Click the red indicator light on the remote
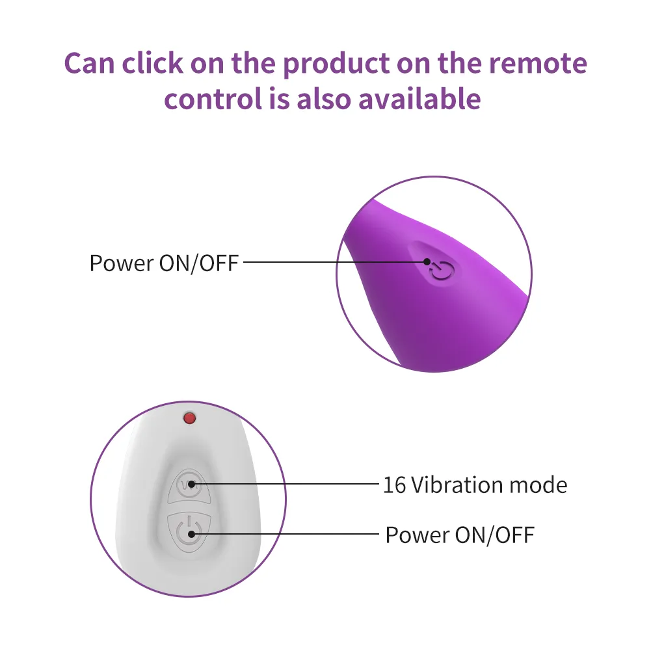point(189,418)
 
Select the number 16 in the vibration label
point(394,485)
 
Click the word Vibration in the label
point(457,485)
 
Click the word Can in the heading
point(89,64)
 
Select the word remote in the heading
point(538,64)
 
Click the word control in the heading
point(213,99)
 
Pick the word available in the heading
point(419,99)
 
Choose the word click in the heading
point(152,63)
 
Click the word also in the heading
point(324,99)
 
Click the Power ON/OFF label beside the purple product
point(164,263)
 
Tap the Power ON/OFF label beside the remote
point(460,535)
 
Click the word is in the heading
point(279,99)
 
